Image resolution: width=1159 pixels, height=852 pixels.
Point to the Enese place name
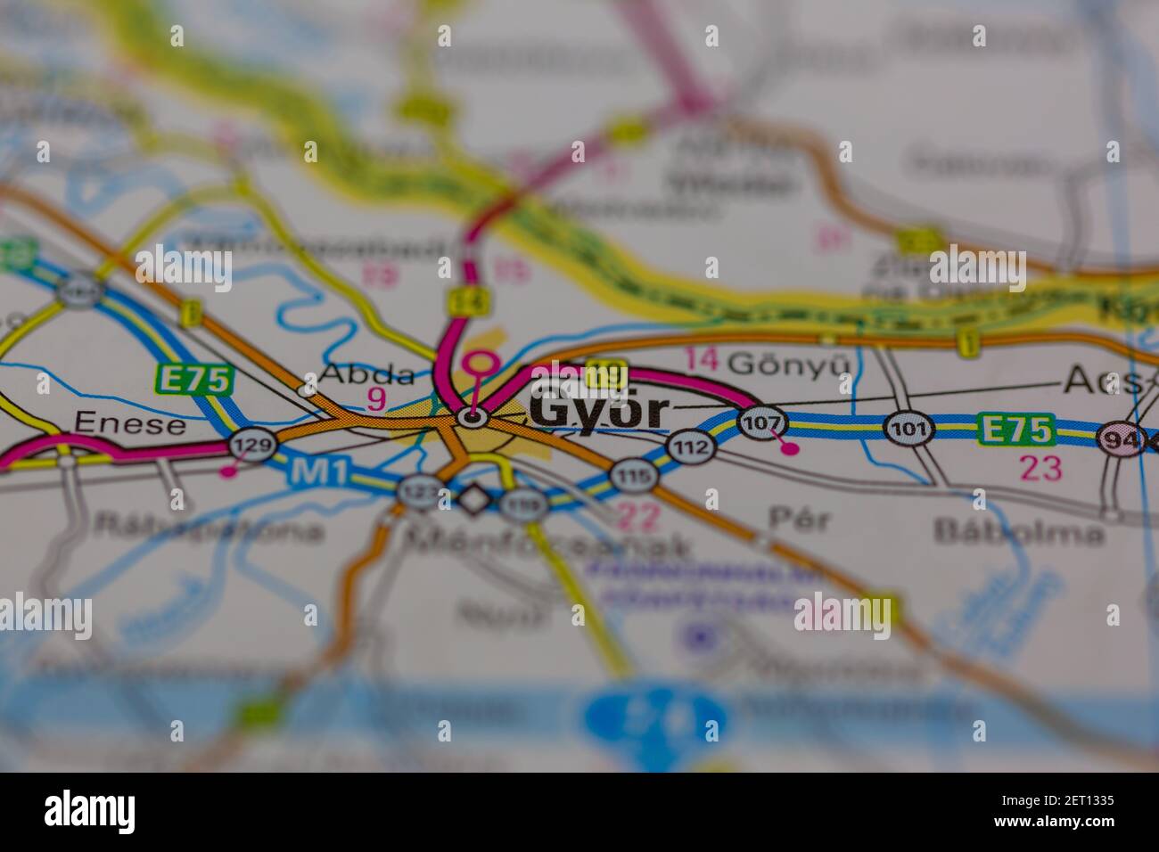(130, 422)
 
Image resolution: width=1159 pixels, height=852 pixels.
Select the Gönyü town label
(784, 364)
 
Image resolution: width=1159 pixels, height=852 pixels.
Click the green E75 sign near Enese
(193, 380)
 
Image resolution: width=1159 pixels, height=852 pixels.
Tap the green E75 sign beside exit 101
(1015, 429)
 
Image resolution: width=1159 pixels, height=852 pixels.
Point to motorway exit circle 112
(693, 446)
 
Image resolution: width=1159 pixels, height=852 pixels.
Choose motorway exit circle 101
(908, 429)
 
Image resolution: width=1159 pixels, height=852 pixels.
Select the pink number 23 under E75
(1040, 468)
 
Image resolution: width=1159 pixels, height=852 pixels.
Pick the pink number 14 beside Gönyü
(702, 359)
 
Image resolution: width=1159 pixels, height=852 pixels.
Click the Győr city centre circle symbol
(473, 416)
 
